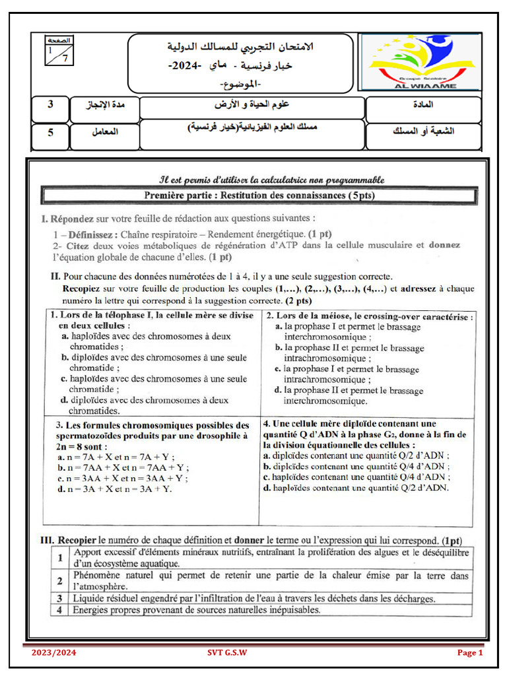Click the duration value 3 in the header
point(51,105)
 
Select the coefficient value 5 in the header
point(51,131)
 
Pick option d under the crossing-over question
point(349,395)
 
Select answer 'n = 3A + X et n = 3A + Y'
point(114,489)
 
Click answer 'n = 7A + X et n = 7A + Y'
point(114,457)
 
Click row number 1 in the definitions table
point(60,558)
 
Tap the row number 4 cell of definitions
point(60,610)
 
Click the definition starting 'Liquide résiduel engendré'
point(253,598)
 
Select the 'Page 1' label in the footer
point(470,653)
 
